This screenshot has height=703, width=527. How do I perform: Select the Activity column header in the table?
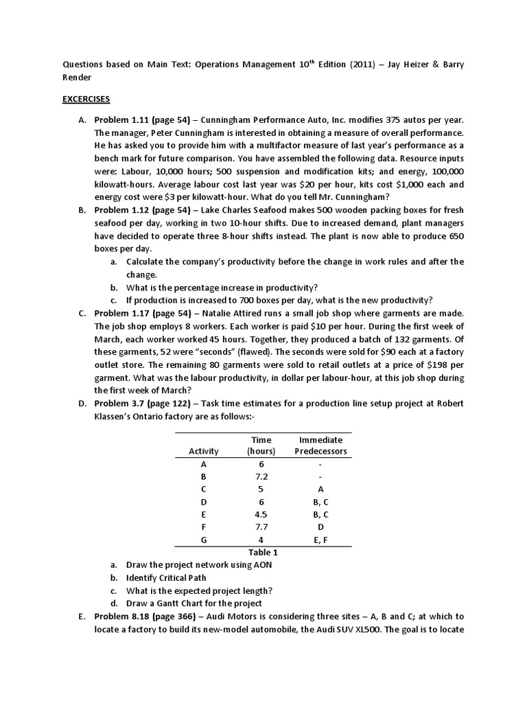tap(204, 451)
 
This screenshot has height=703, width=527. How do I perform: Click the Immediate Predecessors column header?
tap(320, 445)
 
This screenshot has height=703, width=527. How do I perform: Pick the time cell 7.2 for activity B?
tap(260, 476)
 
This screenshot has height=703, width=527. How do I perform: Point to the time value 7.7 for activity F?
tap(260, 527)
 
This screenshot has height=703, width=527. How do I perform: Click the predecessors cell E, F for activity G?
tap(320, 540)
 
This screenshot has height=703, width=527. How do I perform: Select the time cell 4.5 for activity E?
tap(260, 514)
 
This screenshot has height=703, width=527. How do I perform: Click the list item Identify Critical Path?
tap(166, 577)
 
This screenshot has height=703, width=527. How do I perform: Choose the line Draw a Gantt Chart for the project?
tap(194, 603)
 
